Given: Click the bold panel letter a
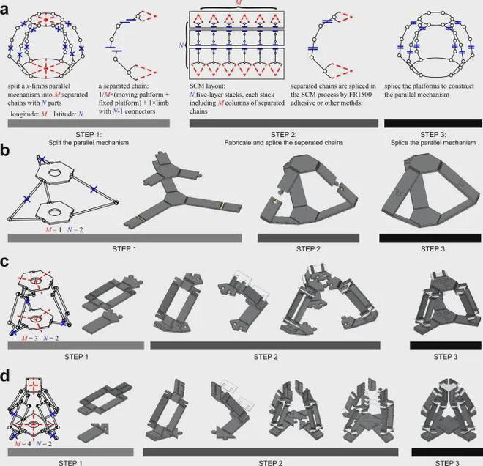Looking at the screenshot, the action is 4,10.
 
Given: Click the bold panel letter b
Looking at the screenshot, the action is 4,150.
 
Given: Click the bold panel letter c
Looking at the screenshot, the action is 4,262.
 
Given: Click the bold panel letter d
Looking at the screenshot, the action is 4,377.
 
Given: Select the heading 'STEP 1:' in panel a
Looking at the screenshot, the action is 89,135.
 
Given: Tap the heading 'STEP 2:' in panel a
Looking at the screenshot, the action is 284,135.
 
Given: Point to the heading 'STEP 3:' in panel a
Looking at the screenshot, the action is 433,135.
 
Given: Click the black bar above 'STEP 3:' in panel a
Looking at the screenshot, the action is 433,124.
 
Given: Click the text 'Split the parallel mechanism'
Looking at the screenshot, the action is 89,143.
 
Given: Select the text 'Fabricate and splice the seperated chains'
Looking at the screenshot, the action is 284,143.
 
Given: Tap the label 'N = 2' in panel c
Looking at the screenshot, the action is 50,338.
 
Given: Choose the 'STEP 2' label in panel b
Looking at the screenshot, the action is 308,249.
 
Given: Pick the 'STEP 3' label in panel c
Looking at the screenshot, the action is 446,357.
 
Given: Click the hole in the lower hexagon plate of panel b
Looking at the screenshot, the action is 55,212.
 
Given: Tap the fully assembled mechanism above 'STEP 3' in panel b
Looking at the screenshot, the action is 430,192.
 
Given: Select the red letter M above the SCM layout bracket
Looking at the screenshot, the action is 239,2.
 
